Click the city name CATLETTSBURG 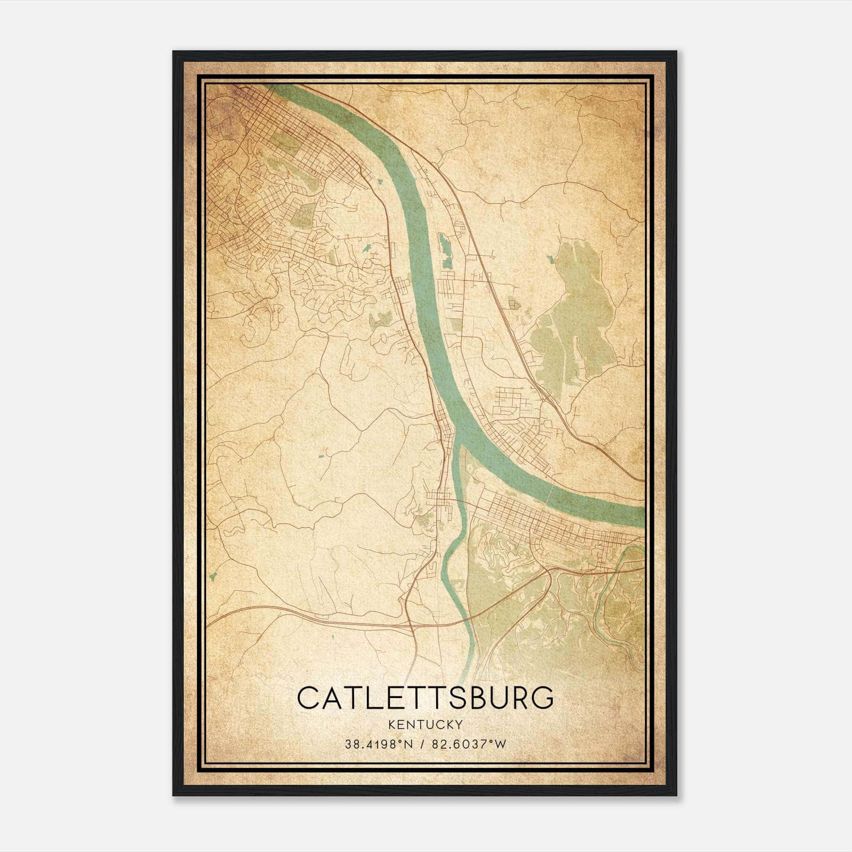[425, 698]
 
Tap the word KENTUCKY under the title [425, 724]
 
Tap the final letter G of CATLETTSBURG [542, 698]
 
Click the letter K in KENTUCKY [392, 724]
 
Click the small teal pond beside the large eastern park [550, 259]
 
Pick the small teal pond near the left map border [214, 576]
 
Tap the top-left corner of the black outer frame [174, 52]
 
